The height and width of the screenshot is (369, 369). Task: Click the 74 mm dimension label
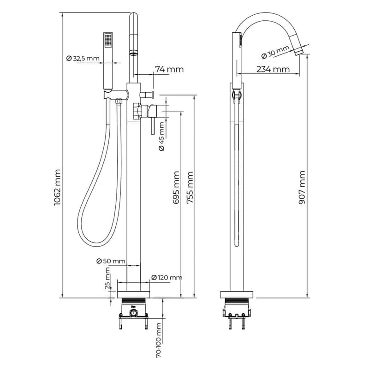click(169, 70)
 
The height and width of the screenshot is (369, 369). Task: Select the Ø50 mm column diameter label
click(111, 261)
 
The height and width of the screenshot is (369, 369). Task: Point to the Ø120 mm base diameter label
click(167, 277)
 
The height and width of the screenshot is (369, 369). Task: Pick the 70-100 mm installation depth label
click(159, 340)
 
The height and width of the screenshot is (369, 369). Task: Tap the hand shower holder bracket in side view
click(237, 95)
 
